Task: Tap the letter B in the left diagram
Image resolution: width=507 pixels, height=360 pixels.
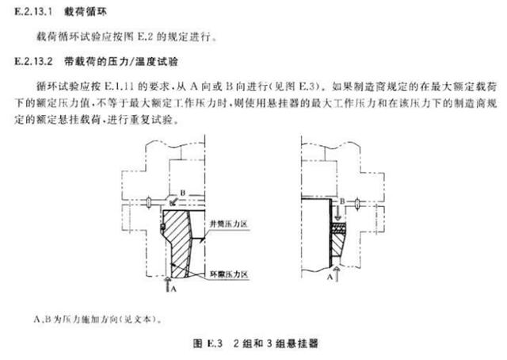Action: pyautogui.click(x=183, y=192)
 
